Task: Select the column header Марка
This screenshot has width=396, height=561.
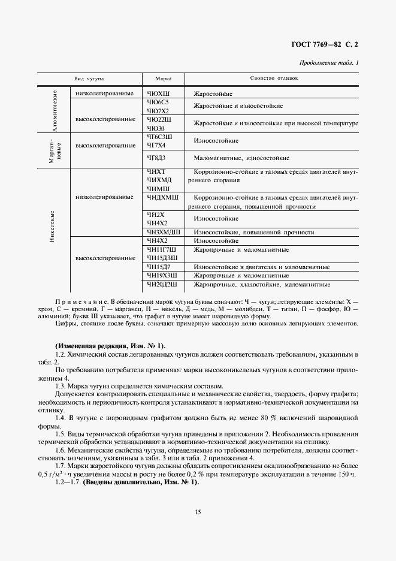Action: click(x=164, y=79)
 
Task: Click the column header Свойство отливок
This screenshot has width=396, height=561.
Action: click(x=274, y=79)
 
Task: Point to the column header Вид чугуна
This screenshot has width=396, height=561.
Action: click(x=89, y=79)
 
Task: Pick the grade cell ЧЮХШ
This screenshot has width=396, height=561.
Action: click(x=158, y=94)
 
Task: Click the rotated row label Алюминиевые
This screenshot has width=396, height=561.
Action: click(x=55, y=111)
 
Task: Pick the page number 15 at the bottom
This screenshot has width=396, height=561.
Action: click(x=197, y=511)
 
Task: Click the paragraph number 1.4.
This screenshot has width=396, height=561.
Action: click(x=61, y=417)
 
